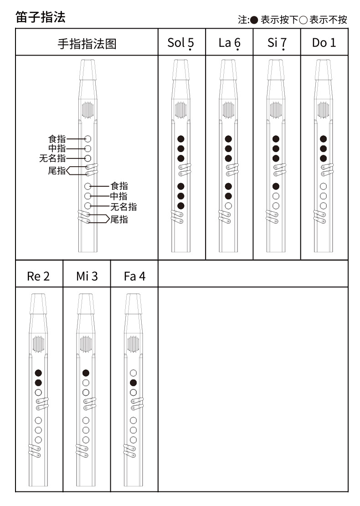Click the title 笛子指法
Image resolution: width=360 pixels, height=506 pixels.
click(x=41, y=17)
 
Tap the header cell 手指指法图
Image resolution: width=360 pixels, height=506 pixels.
click(x=87, y=43)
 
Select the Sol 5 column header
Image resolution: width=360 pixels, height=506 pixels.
click(x=181, y=43)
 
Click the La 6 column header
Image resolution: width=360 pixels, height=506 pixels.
click(x=229, y=43)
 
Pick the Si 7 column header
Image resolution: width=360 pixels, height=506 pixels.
click(x=277, y=43)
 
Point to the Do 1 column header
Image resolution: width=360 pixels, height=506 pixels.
click(x=324, y=43)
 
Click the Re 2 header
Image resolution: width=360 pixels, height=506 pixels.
click(x=39, y=276)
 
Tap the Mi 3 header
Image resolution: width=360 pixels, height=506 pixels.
click(x=87, y=276)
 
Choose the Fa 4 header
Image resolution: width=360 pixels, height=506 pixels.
click(x=134, y=276)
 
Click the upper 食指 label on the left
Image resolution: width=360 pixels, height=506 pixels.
click(x=57, y=139)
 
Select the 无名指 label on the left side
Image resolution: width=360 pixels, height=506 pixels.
click(x=52, y=158)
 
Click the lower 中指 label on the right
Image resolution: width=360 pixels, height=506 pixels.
click(x=119, y=196)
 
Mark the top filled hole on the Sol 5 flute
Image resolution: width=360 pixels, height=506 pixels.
click(x=181, y=139)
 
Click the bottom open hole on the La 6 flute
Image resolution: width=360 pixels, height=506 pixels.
click(x=228, y=205)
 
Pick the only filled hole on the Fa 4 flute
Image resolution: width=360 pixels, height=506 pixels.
click(x=134, y=383)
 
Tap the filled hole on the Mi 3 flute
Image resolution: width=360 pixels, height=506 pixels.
click(x=86, y=373)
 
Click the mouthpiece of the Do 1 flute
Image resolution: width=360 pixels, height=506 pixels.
click(x=324, y=71)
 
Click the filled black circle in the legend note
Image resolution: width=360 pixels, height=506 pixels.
click(x=254, y=20)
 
